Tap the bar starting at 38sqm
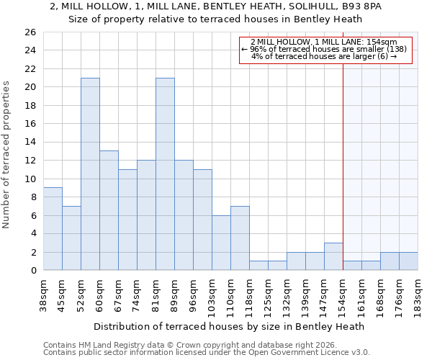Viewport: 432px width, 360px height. point(53,229)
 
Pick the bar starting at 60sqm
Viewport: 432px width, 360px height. point(109,210)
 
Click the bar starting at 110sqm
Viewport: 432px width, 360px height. point(240,238)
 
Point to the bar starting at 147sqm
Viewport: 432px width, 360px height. point(333,256)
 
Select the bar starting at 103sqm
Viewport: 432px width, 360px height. point(221,243)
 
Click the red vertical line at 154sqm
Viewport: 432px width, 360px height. point(343,166)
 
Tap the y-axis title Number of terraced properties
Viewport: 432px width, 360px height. point(7,154)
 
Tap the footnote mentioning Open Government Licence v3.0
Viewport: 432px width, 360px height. point(207,353)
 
